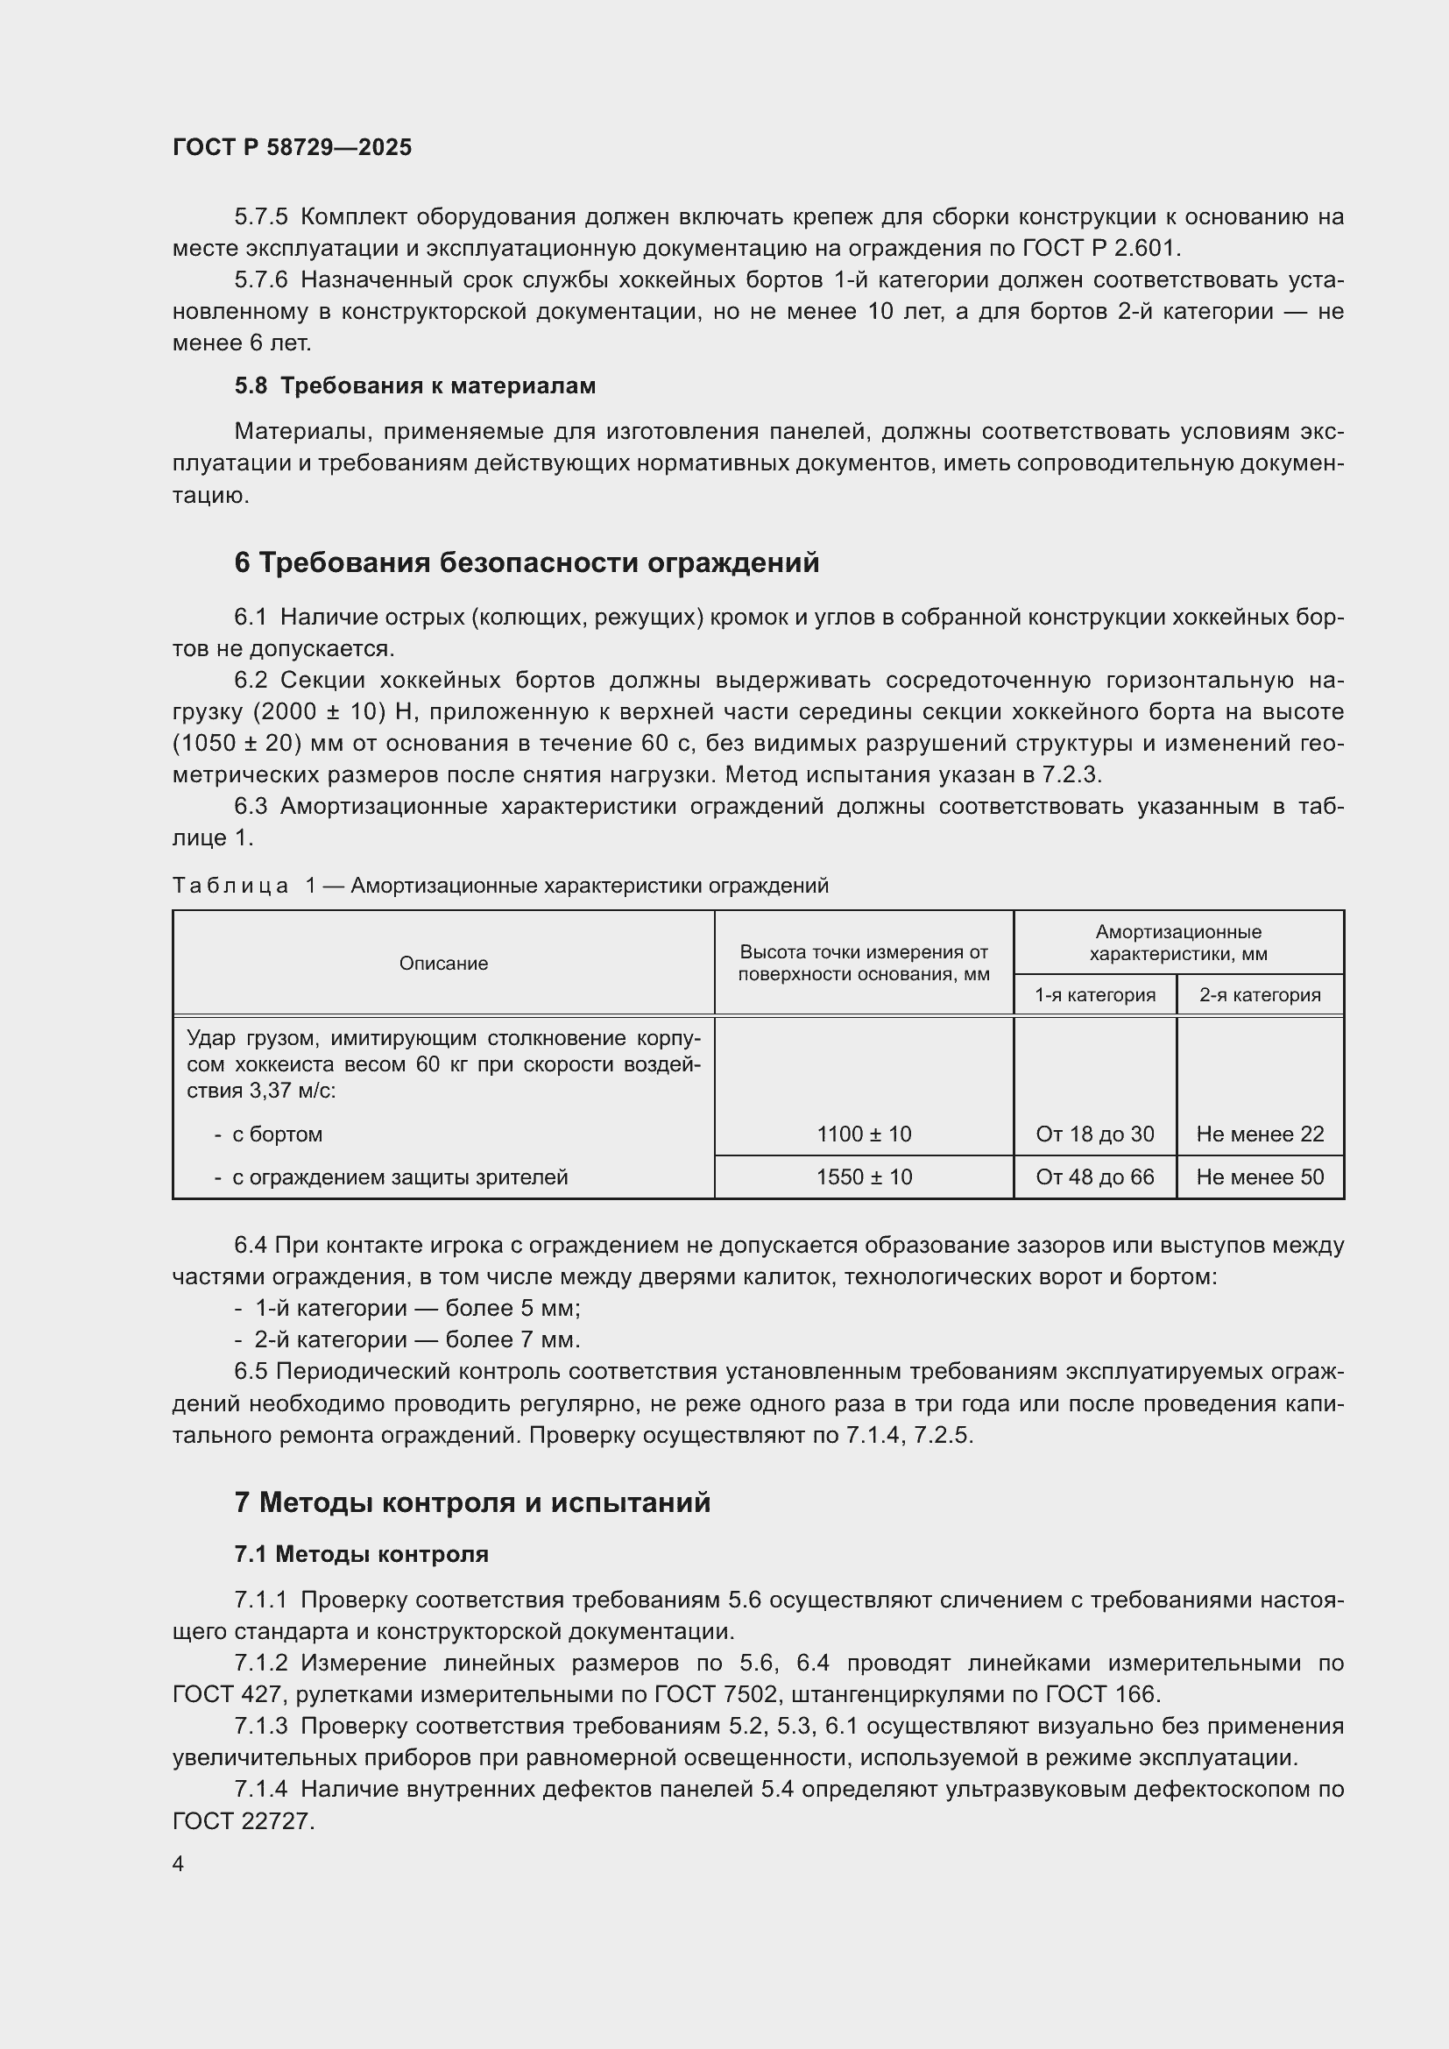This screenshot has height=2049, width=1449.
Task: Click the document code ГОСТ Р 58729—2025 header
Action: tap(292, 148)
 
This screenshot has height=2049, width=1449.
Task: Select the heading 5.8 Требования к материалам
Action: tap(415, 385)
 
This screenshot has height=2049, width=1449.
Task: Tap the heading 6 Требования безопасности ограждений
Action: tap(527, 563)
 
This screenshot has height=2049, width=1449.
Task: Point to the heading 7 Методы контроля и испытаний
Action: tap(472, 1503)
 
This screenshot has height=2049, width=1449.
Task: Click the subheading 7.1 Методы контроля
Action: tap(361, 1555)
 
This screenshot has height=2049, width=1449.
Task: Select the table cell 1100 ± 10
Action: tap(863, 1134)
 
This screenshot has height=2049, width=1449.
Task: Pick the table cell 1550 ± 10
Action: tap(863, 1177)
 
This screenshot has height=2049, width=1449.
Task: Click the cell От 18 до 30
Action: tap(1094, 1134)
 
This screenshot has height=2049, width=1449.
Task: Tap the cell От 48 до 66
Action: tap(1094, 1177)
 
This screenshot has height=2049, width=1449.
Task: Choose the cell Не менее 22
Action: tap(1259, 1134)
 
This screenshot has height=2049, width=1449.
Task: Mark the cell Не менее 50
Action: tap(1259, 1177)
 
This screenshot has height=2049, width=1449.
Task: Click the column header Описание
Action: tap(443, 963)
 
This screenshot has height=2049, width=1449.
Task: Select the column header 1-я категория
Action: tap(1094, 995)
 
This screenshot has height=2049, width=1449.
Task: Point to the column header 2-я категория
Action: tap(1259, 995)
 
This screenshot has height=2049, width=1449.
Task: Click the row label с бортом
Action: tap(277, 1134)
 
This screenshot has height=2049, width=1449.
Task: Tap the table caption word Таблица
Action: tap(230, 886)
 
